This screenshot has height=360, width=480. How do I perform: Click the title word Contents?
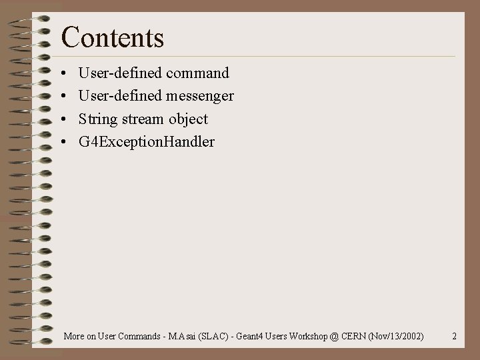[112, 37]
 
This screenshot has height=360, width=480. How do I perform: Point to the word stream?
[143, 119]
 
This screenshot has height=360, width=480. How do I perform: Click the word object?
[188, 119]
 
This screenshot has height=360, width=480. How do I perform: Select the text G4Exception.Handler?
[147, 142]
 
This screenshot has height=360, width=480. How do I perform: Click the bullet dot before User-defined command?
[61, 73]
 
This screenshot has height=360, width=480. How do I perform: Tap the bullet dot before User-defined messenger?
[61, 97]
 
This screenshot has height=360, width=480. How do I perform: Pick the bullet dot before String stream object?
[61, 120]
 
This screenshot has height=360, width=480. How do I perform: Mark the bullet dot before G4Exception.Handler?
[61, 143]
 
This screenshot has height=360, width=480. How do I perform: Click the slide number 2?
[454, 336]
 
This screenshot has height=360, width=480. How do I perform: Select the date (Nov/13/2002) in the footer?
[396, 336]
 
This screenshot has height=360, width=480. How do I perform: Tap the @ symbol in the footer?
[333, 336]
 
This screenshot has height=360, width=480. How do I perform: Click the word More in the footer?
[74, 336]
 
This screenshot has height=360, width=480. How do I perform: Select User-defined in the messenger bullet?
[120, 96]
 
